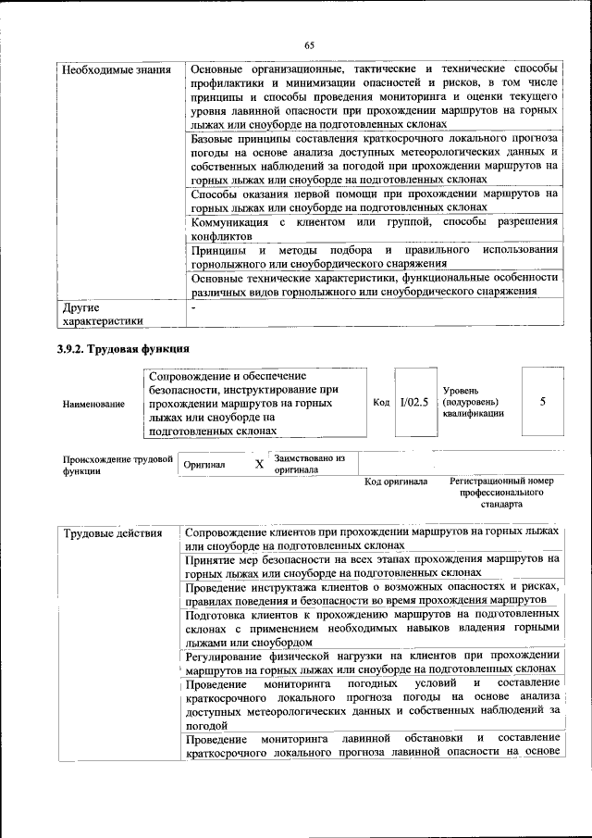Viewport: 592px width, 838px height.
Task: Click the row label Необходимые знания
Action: (116, 69)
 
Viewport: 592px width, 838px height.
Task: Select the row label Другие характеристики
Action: (102, 314)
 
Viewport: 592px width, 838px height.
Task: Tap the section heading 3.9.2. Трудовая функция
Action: (124, 350)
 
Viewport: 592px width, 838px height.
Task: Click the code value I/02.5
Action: (413, 402)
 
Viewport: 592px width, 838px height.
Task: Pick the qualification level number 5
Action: (543, 401)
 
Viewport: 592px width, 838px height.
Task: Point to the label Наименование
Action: (93, 404)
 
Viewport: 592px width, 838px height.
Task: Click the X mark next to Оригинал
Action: (259, 464)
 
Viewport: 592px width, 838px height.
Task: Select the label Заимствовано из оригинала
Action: (309, 463)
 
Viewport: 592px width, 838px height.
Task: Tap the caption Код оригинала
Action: (395, 482)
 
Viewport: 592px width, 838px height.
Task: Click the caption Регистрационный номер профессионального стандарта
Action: (500, 494)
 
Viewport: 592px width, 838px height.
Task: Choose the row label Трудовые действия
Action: (113, 533)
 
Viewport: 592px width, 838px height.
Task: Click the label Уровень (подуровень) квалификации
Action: (474, 402)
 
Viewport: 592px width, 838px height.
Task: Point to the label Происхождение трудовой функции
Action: (117, 463)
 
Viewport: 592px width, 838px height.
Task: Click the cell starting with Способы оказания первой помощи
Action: (374, 201)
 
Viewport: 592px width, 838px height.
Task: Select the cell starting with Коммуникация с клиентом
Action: (374, 229)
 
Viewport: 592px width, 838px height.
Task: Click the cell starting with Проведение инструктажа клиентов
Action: (372, 593)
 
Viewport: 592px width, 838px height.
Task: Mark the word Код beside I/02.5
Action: (381, 402)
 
